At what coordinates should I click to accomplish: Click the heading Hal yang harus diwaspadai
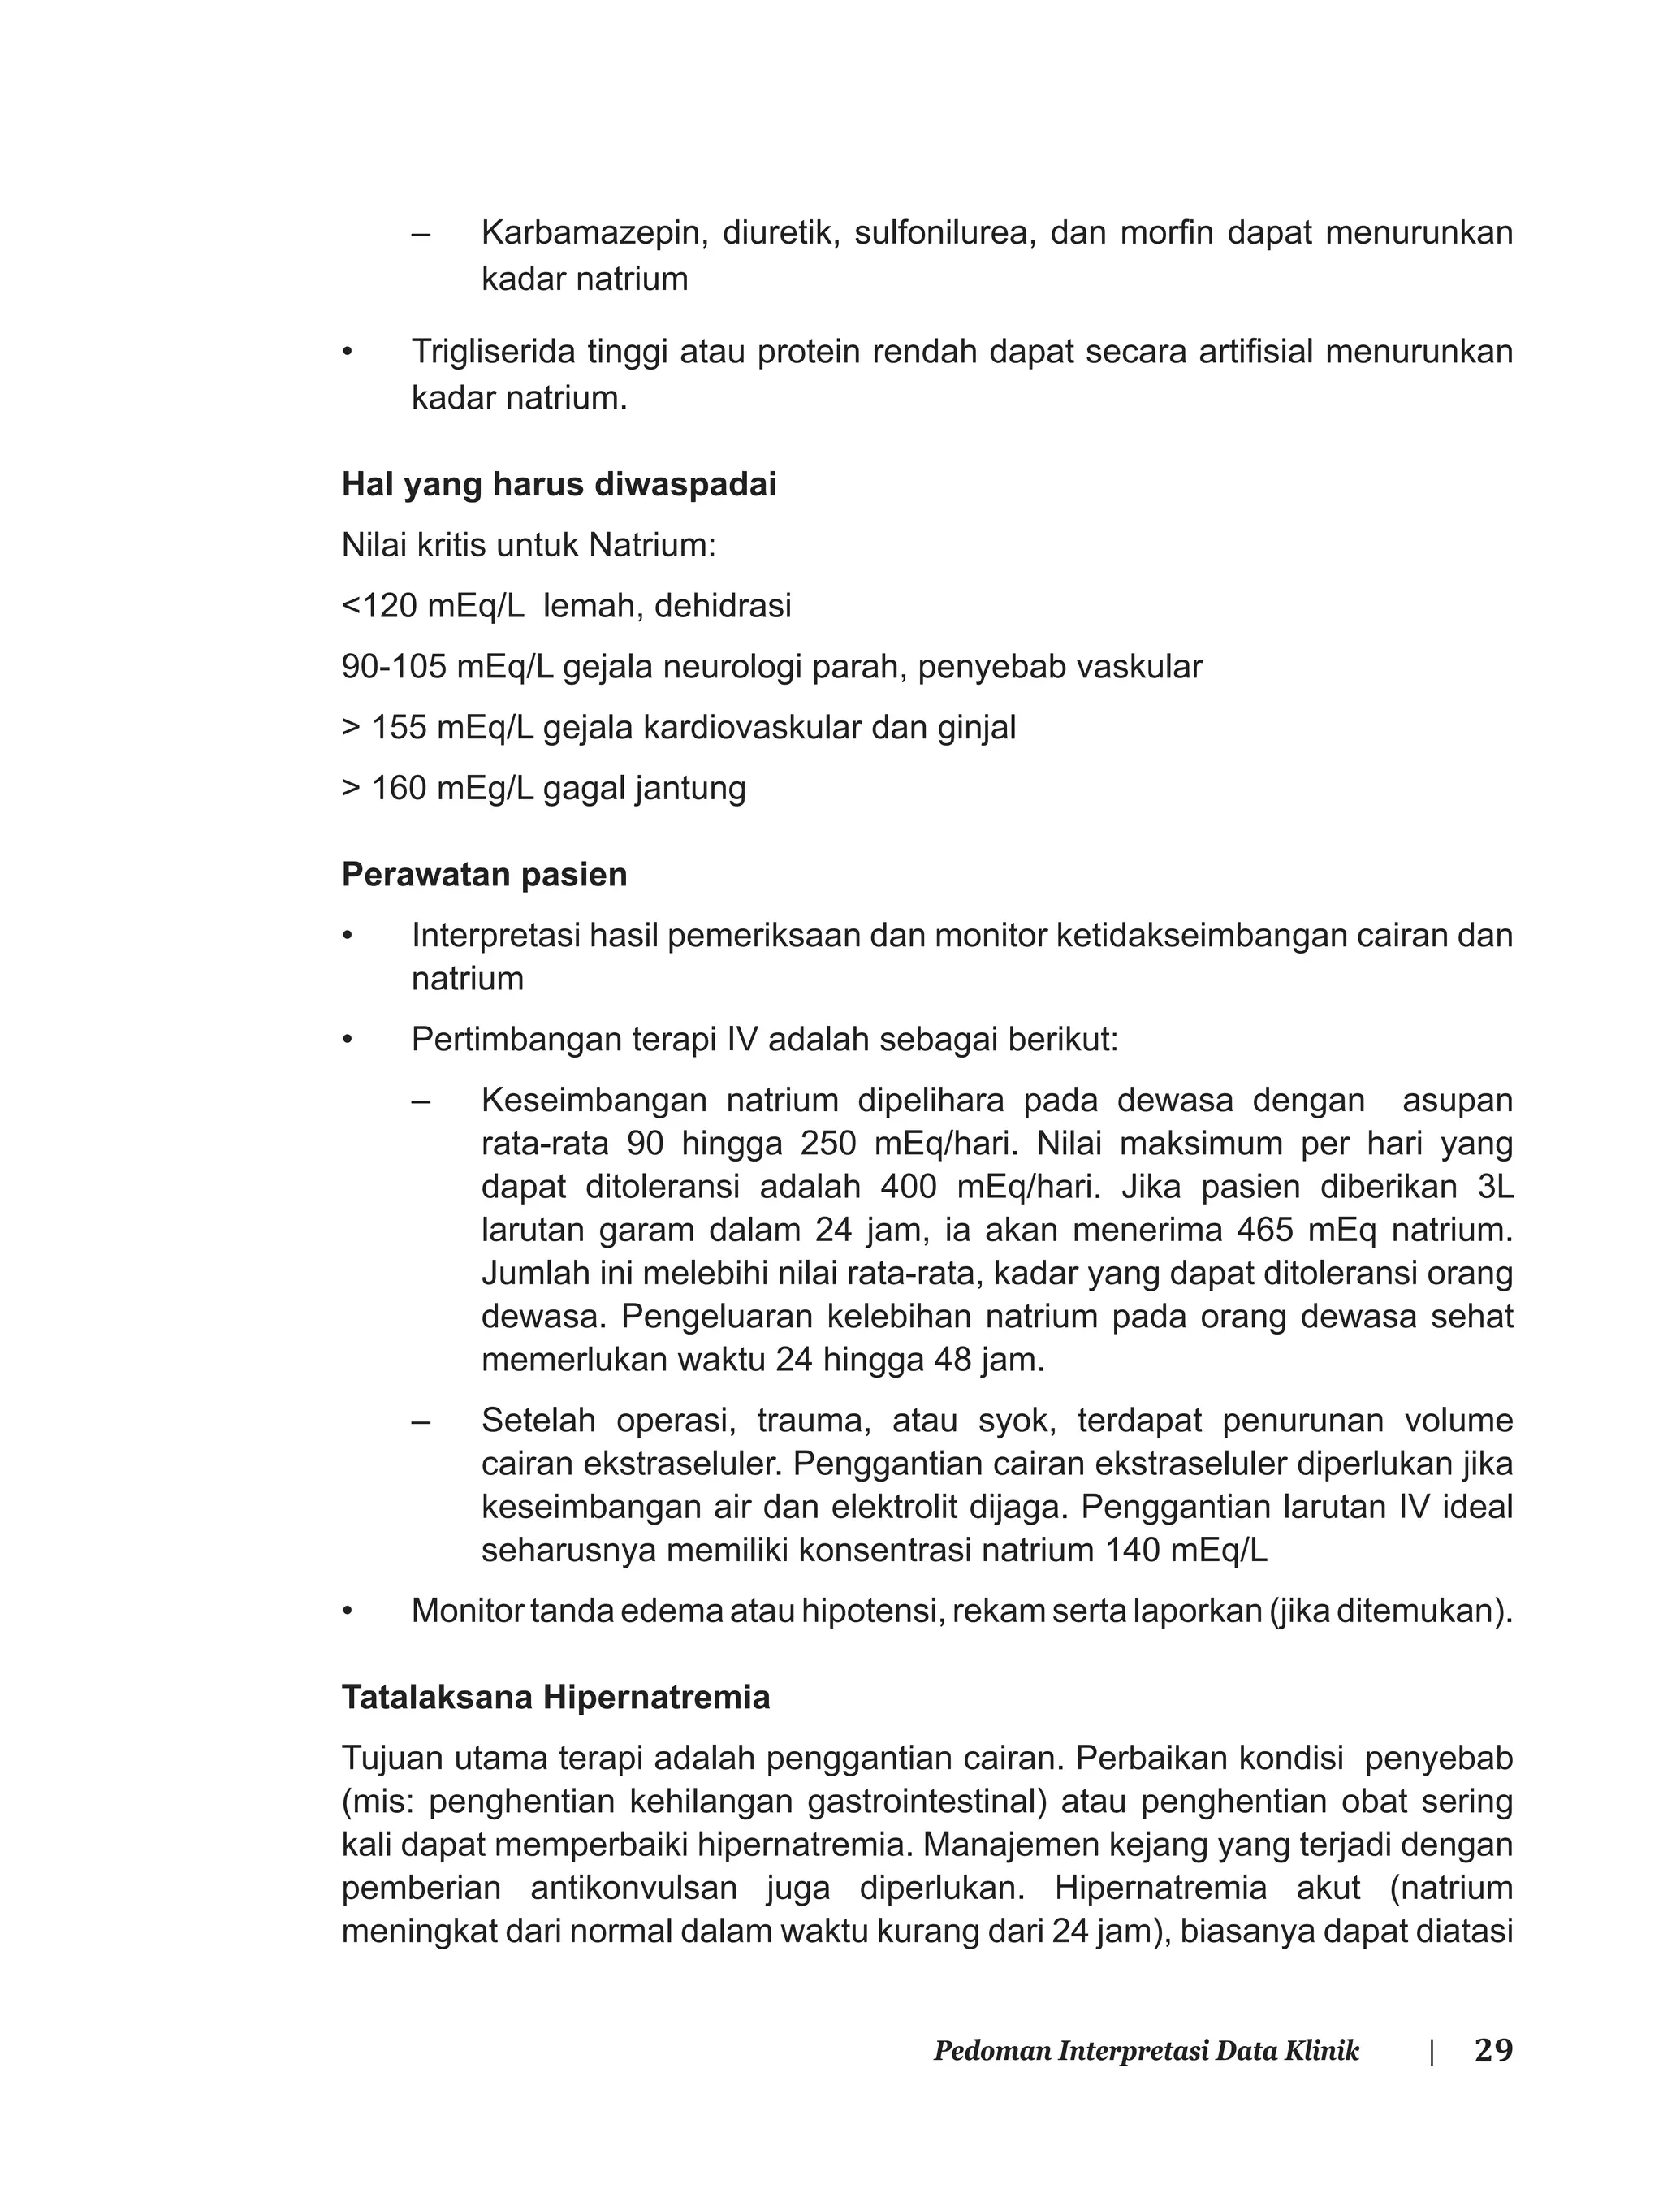[559, 485]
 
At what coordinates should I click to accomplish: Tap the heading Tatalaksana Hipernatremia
[555, 1697]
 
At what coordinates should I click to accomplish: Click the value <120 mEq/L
[433, 606]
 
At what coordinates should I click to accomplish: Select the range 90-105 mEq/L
[447, 668]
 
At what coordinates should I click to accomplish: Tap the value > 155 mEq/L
[438, 728]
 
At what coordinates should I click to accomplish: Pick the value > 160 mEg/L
[438, 789]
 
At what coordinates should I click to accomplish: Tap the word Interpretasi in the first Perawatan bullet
[495, 936]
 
